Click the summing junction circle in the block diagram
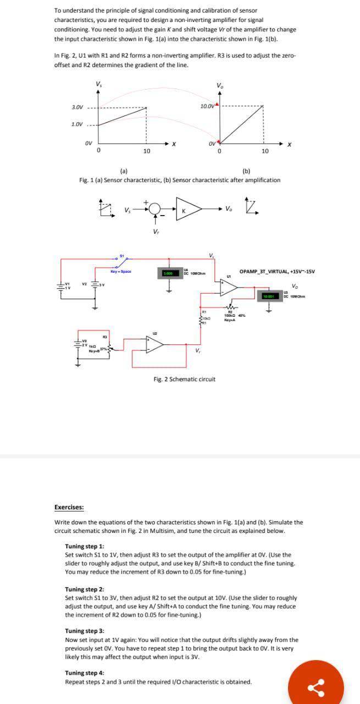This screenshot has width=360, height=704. point(156,210)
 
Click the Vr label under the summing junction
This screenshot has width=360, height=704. point(156,231)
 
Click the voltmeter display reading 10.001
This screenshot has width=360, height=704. point(268,296)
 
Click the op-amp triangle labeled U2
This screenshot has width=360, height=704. point(154,344)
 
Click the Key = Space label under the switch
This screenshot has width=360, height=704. point(119,271)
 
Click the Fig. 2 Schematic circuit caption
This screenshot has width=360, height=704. point(184,379)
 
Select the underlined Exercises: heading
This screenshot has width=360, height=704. point(69,507)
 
